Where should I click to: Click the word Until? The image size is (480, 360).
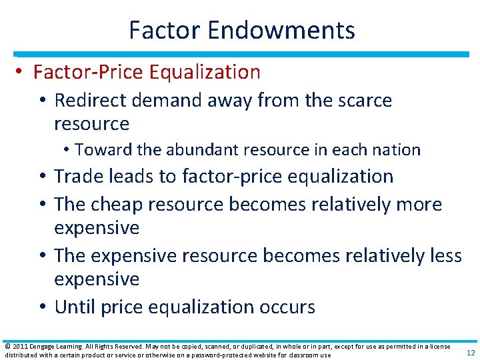pyautogui.click(x=77, y=307)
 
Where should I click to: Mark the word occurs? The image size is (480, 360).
pyautogui.click(x=283, y=307)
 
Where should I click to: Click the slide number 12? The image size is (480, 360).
pyautogui.click(x=471, y=353)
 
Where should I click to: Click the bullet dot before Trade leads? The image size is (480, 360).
pyautogui.click(x=43, y=177)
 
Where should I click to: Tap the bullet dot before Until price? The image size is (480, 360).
pyautogui.click(x=43, y=307)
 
